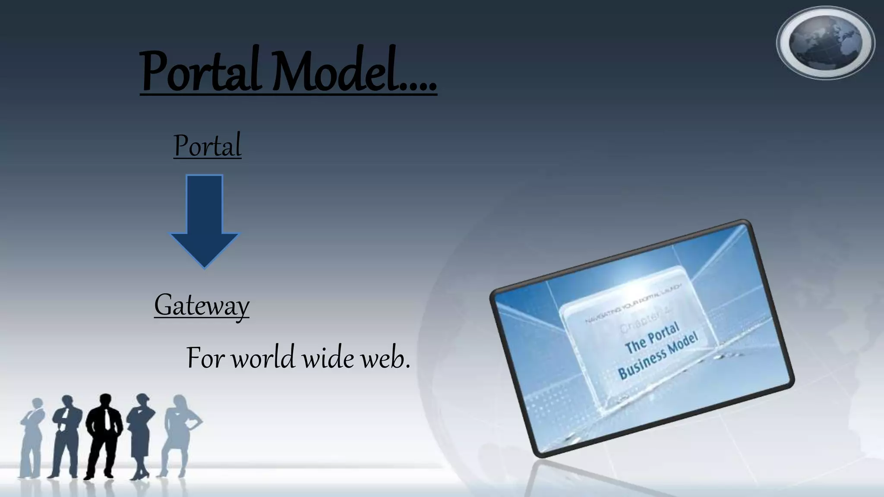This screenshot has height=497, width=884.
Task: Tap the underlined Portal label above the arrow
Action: (x=207, y=146)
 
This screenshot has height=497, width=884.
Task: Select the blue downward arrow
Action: (x=205, y=220)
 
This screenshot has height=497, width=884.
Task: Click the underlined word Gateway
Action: (x=202, y=305)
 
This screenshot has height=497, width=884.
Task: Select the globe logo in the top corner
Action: (x=825, y=43)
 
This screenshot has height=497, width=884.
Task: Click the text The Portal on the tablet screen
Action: (x=652, y=338)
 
